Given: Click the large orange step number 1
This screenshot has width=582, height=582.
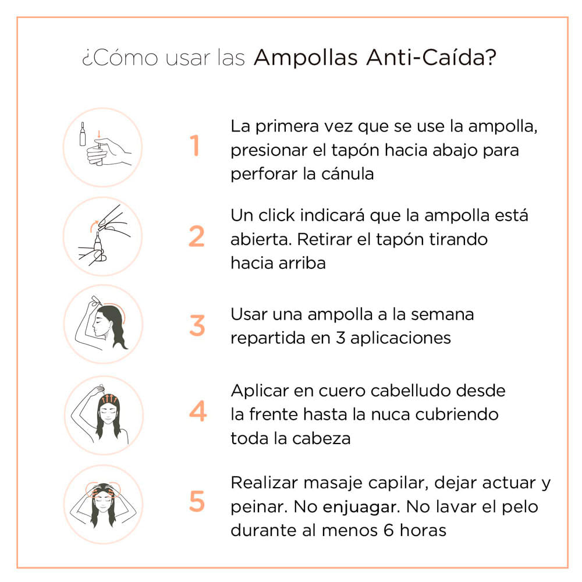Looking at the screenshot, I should pyautogui.click(x=196, y=146).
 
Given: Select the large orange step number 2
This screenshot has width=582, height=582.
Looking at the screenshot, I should pyautogui.click(x=197, y=236).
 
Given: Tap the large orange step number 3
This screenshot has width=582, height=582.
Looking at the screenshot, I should pyautogui.click(x=197, y=325).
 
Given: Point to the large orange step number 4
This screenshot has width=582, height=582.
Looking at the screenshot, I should pyautogui.click(x=197, y=412).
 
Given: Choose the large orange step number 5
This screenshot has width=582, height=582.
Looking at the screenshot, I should pyautogui.click(x=197, y=502).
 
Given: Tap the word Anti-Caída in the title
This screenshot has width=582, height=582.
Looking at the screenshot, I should pyautogui.click(x=424, y=59).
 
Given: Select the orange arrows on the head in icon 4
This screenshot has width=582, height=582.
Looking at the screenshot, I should pyautogui.click(x=109, y=400).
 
